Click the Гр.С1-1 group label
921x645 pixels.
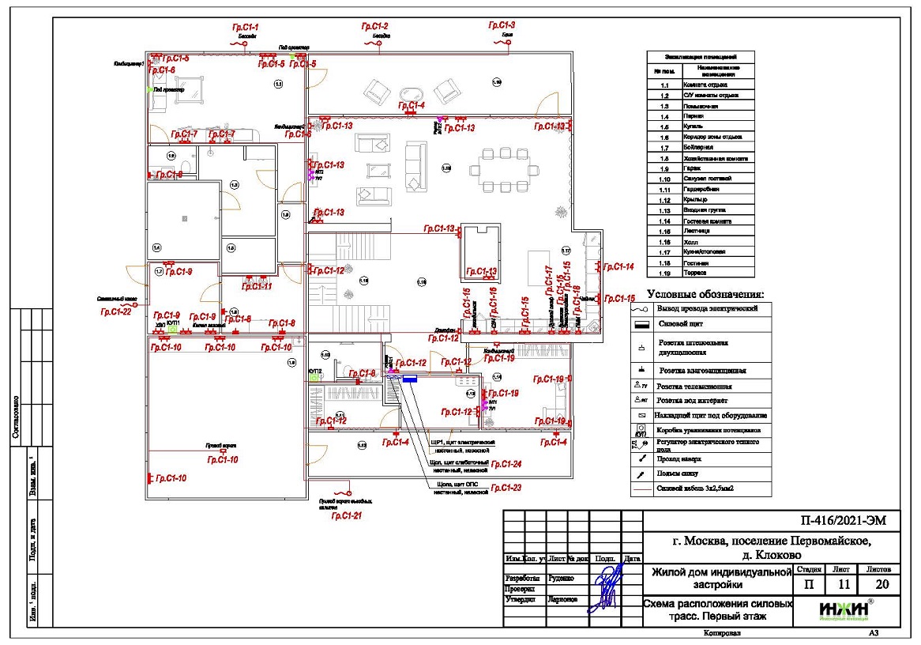click(x=246, y=28)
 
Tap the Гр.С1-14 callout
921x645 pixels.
click(x=618, y=267)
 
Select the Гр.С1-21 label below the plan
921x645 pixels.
click(x=347, y=516)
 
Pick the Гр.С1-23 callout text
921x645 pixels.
click(x=506, y=488)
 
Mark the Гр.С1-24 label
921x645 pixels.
click(x=506, y=464)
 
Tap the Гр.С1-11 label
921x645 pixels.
click(x=256, y=287)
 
